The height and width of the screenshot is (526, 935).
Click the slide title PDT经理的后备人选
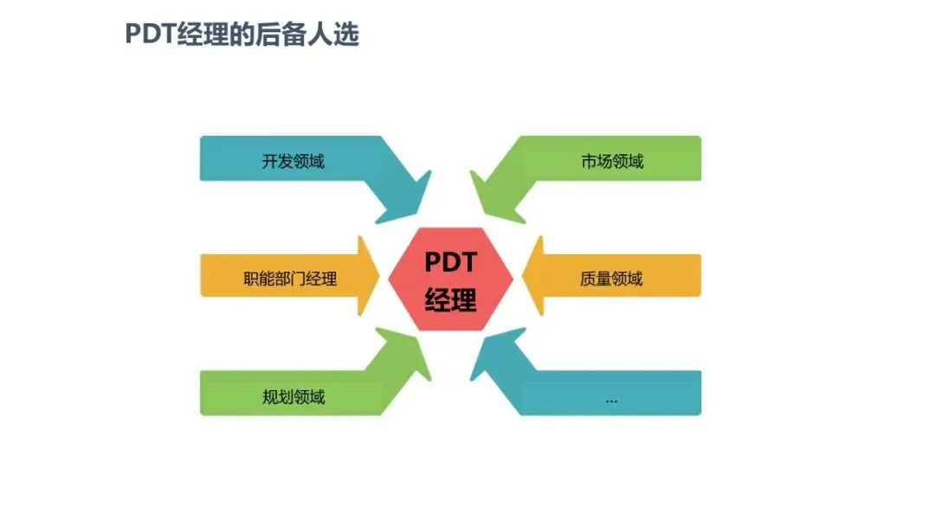(242, 35)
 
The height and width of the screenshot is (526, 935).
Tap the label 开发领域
(293, 161)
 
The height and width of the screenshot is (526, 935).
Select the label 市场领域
(612, 161)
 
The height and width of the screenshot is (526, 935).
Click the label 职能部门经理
(290, 279)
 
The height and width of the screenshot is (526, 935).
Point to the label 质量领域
(611, 279)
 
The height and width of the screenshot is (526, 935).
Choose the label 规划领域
(293, 398)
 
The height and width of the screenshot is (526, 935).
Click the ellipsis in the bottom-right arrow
(611, 399)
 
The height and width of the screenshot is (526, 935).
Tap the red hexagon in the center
(450, 279)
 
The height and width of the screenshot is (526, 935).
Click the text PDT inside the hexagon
(450, 261)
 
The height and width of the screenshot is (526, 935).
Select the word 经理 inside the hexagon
(450, 300)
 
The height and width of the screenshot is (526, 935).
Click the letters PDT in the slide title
(151, 35)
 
